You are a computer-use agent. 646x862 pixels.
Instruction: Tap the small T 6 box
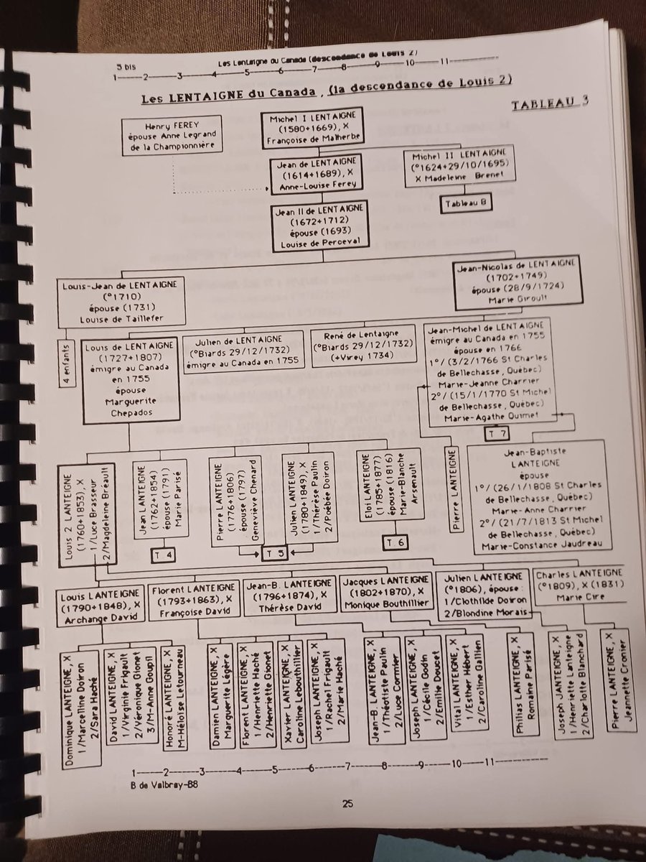point(395,541)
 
